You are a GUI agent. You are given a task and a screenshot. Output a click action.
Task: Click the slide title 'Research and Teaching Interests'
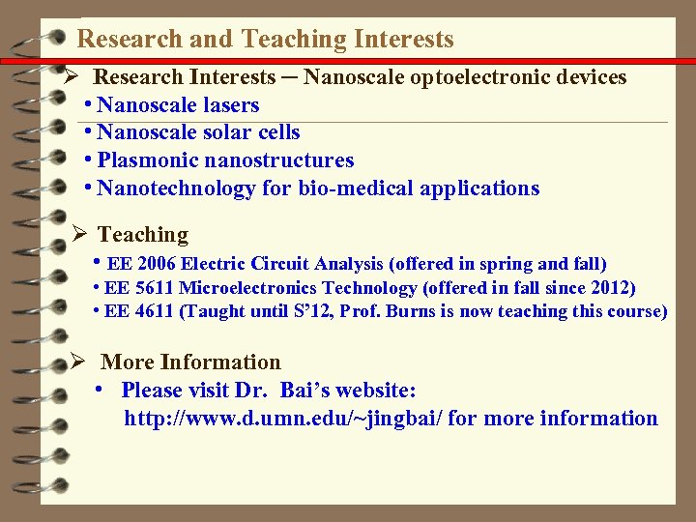(265, 40)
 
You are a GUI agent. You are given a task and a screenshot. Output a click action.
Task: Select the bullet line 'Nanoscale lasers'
(178, 105)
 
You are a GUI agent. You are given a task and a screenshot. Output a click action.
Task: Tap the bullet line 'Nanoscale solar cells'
(198, 132)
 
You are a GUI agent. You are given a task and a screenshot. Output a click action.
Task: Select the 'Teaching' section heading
(143, 235)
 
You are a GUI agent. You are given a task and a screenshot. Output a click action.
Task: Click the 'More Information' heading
(190, 362)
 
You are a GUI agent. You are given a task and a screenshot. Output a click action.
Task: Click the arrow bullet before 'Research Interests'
(71, 76)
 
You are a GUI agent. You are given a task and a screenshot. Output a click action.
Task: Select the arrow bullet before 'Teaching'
(80, 234)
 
